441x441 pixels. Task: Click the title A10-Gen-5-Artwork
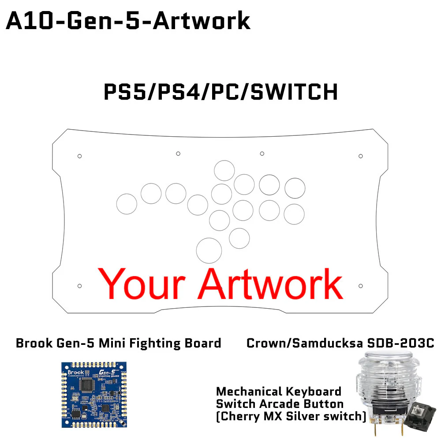click(128, 21)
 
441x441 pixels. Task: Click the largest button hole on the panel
click(209, 250)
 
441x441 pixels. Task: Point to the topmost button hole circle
click(224, 171)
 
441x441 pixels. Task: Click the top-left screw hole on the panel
click(79, 156)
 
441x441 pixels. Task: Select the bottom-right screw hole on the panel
click(361, 286)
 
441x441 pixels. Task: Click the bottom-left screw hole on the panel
click(79, 286)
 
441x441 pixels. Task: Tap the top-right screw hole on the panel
click(361, 156)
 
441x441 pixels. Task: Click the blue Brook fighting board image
click(94, 394)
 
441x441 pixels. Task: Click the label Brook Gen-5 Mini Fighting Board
click(119, 343)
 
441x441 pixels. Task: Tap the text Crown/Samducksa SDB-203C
click(340, 343)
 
